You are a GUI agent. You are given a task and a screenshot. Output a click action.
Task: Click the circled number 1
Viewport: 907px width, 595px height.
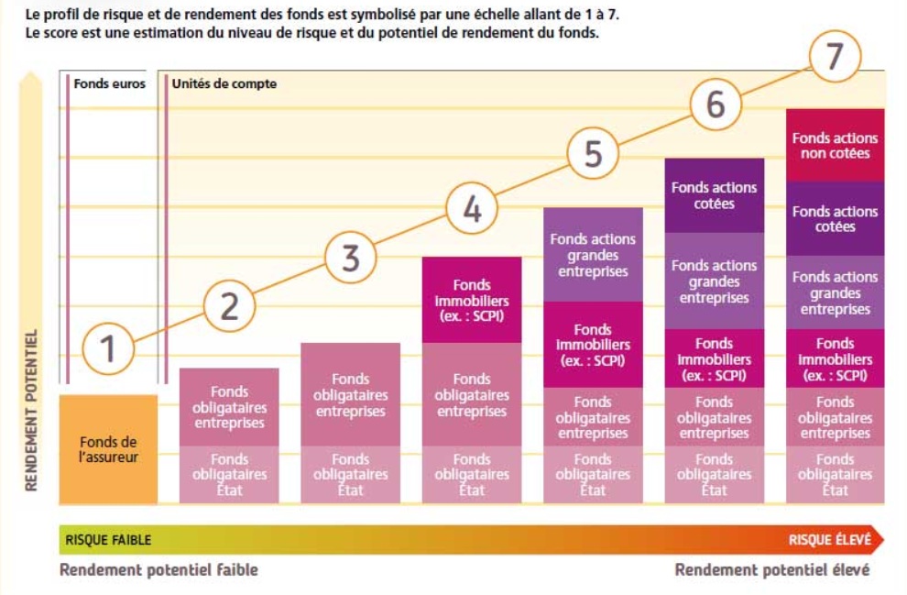[108, 349]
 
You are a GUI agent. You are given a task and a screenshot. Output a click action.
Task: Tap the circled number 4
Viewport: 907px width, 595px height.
[472, 210]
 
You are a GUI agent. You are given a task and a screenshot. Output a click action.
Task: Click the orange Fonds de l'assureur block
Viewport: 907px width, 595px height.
[108, 449]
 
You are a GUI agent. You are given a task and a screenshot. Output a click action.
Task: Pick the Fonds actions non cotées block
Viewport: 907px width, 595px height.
[835, 145]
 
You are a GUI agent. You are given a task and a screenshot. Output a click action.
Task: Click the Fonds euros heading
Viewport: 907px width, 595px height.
[109, 83]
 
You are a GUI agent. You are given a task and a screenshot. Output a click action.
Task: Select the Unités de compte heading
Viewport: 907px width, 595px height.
[224, 83]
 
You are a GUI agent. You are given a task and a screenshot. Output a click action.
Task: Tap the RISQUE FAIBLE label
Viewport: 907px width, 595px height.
[108, 540]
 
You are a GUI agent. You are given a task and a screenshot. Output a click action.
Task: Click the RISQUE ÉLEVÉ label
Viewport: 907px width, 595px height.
[829, 540]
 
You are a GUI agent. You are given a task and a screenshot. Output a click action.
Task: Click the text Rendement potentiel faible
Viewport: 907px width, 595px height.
[158, 570]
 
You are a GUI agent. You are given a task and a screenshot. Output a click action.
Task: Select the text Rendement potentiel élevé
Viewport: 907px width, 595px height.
[771, 570]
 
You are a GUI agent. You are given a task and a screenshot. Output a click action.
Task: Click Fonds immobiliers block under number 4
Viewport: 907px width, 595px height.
[472, 300]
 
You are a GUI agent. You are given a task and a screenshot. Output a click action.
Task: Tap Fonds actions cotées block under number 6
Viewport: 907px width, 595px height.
[714, 195]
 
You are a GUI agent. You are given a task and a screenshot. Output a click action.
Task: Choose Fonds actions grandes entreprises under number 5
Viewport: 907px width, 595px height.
[593, 255]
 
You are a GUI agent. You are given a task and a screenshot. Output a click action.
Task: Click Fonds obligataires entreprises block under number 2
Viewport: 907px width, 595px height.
[229, 407]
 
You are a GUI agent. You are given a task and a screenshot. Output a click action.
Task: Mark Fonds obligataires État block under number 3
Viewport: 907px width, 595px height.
[350, 474]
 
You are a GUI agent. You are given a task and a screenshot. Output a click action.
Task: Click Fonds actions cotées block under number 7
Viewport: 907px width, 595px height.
[835, 218]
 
